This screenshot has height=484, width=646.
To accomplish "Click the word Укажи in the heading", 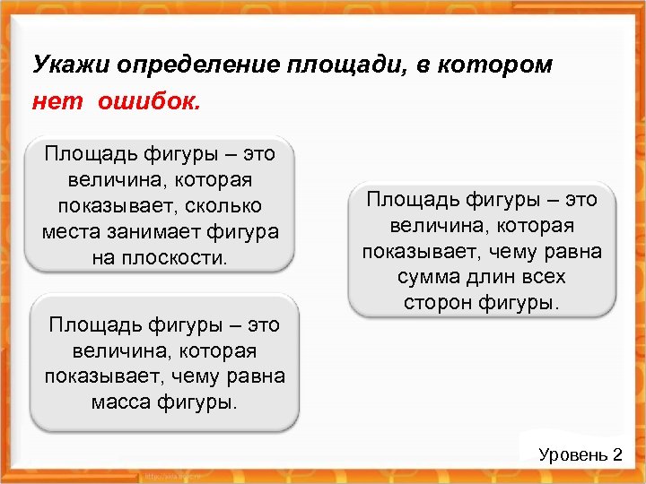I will (x=65, y=65).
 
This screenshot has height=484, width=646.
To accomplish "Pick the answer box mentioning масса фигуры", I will (x=165, y=363).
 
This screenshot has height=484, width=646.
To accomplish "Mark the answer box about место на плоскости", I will (x=160, y=205).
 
